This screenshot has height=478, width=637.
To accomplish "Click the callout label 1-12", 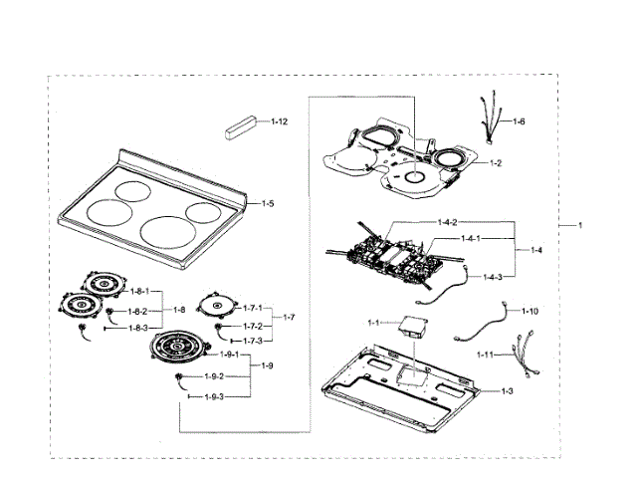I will [x=280, y=121].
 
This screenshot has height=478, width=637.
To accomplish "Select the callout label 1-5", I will [x=268, y=203].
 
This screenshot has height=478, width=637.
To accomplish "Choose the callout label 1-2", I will [x=494, y=162].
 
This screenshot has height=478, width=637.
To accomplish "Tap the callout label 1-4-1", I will [x=471, y=239].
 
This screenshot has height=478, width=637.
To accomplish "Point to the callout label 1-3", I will [x=507, y=391].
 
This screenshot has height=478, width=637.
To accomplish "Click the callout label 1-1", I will [x=374, y=323].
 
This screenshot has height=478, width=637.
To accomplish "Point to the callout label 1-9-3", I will [x=214, y=396].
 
